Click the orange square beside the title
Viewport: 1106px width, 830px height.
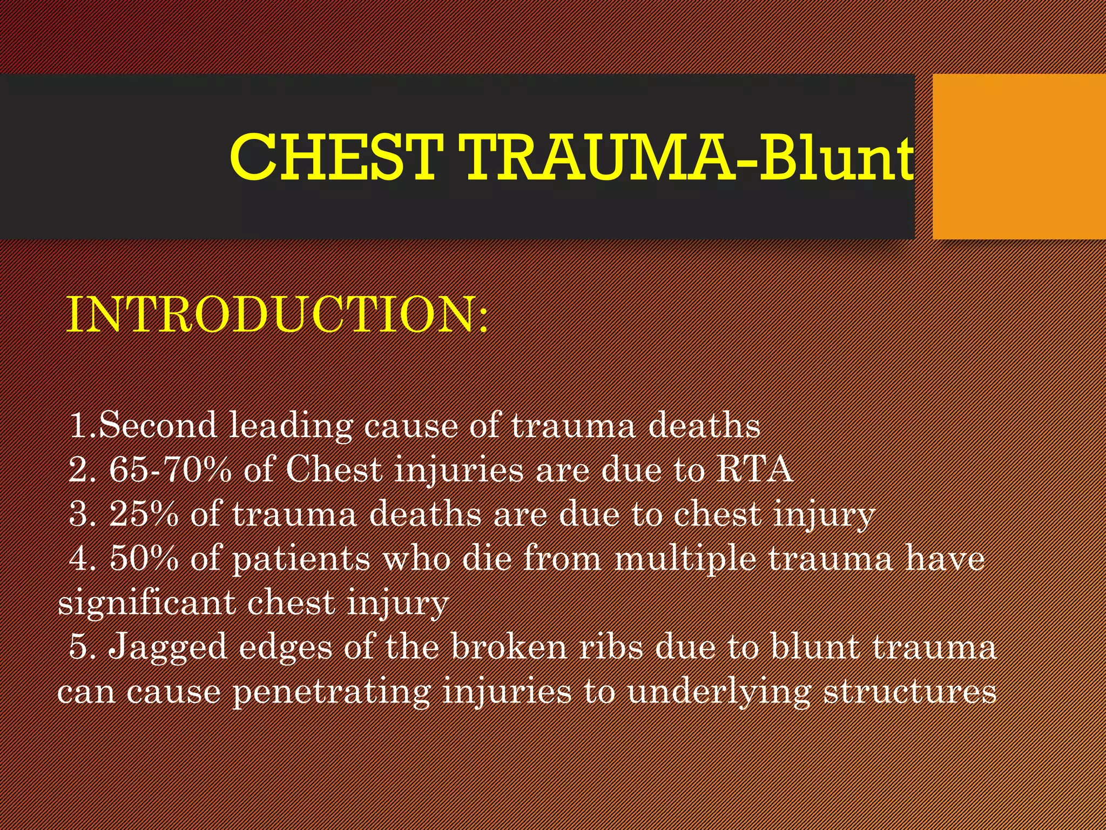coord(1019,157)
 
